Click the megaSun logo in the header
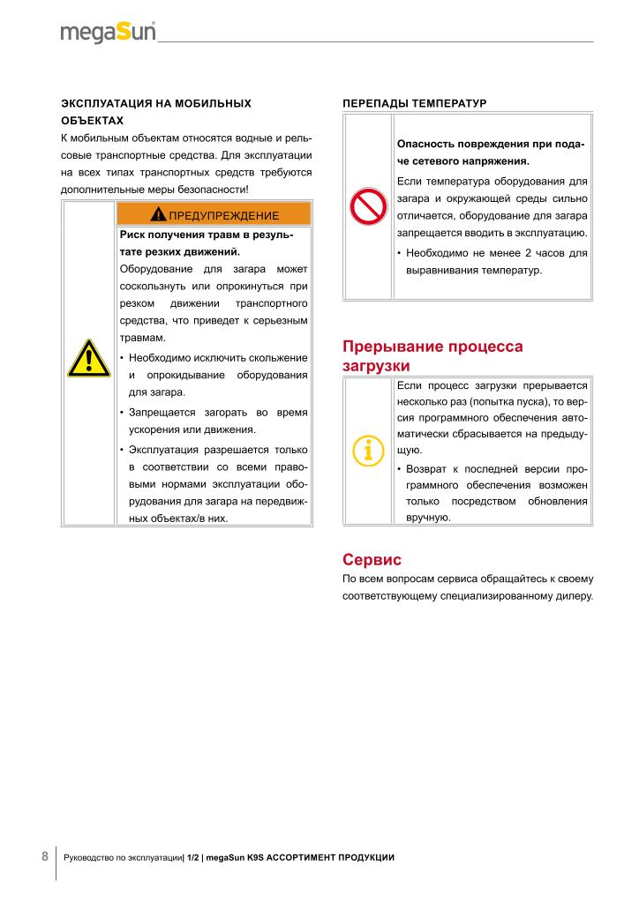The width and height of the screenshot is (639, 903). tap(108, 33)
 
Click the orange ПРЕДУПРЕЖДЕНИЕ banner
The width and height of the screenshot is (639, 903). tap(214, 214)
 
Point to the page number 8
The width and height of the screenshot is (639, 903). tap(45, 856)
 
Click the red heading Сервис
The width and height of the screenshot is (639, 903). tap(372, 559)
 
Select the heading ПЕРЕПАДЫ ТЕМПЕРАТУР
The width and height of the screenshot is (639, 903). tap(414, 103)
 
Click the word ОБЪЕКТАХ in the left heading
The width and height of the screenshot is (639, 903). tap(92, 121)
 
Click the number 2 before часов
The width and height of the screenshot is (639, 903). tap(527, 253)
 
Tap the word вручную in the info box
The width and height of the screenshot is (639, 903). tap(428, 518)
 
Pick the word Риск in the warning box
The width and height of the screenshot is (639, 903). tap(132, 235)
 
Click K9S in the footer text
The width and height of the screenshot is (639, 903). tap(257, 857)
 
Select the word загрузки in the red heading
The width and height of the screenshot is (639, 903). tap(376, 366)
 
